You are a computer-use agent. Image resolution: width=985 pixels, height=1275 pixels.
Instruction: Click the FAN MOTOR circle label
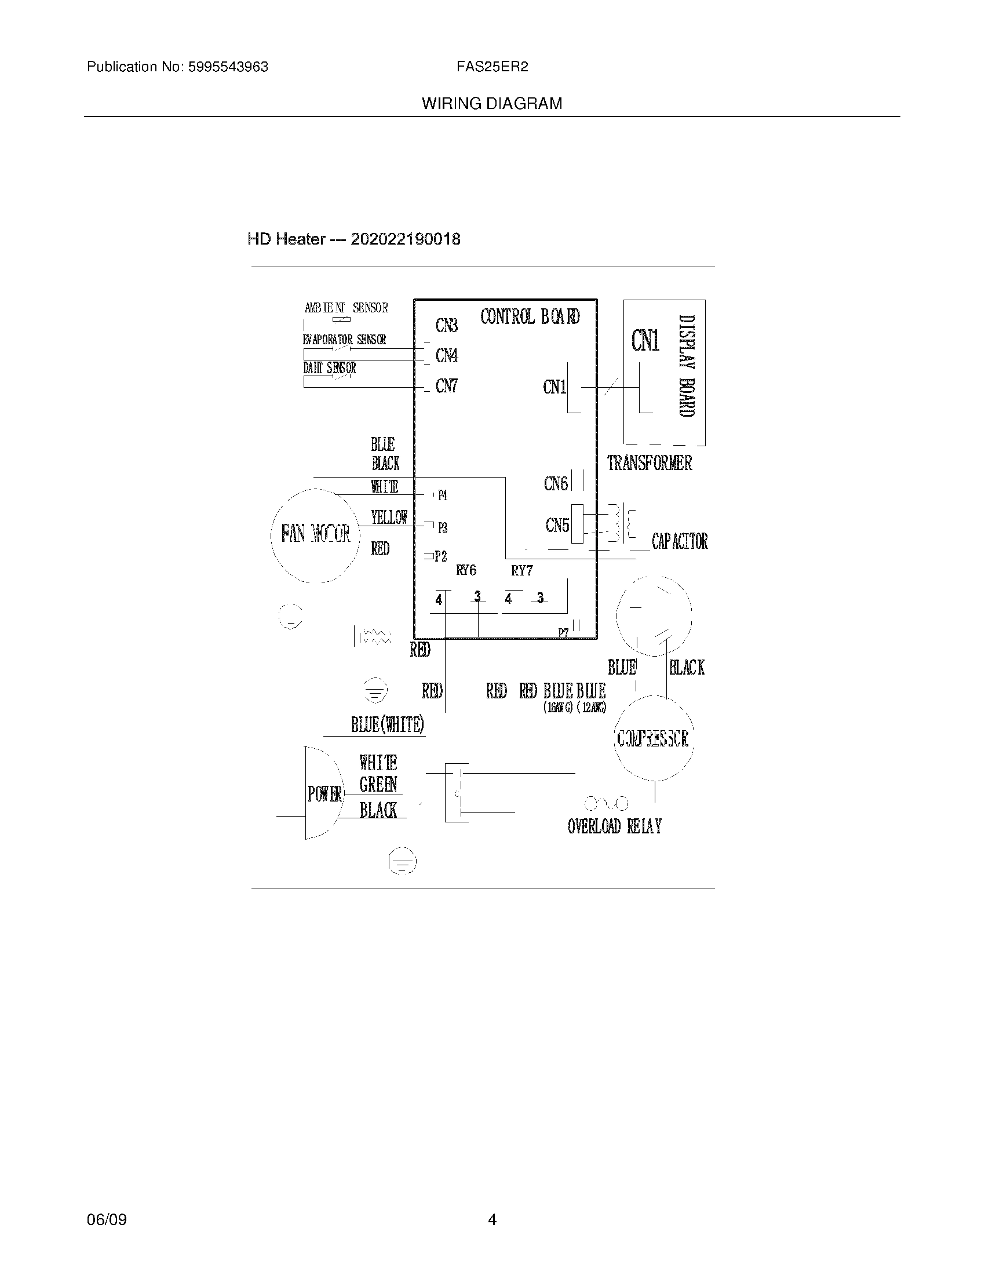pos(316,533)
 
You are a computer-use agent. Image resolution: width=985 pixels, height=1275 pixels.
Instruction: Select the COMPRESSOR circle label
pos(652,738)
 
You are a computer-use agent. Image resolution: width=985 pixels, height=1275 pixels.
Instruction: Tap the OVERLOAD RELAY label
pos(614,826)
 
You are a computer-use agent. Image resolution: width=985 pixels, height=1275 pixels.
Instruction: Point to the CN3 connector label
pos(446,326)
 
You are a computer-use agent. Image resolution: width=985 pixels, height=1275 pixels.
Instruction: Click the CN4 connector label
pos(446,355)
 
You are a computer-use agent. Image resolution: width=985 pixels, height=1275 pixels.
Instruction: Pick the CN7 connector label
pos(446,386)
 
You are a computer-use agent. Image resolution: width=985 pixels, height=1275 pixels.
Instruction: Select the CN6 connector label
pos(556,483)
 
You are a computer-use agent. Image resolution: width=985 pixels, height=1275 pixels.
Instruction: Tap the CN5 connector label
pos(557,526)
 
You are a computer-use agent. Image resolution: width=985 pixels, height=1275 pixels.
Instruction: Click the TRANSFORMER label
pos(650,463)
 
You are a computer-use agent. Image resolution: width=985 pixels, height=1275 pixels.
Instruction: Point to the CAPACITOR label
pos(680,541)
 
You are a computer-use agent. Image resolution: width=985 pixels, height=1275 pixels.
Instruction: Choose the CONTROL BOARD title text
pos(530,317)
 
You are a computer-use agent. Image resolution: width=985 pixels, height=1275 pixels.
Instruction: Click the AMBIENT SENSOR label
pos(346,308)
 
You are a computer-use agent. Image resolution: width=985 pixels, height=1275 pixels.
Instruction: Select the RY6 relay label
pos(466,570)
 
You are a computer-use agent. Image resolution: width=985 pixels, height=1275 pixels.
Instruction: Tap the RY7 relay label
pos(521,570)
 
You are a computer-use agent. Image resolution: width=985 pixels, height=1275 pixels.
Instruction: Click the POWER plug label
pos(324,793)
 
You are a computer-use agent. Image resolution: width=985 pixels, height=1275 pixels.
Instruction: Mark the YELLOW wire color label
pos(389,517)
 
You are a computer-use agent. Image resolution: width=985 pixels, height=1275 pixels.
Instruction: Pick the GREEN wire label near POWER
pos(378,785)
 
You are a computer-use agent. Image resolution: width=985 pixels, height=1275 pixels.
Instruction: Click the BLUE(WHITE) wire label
pos(387,724)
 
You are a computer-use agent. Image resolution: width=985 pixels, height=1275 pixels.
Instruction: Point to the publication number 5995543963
pos(227,67)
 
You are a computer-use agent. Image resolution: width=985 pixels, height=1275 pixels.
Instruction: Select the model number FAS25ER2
pos(492,67)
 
